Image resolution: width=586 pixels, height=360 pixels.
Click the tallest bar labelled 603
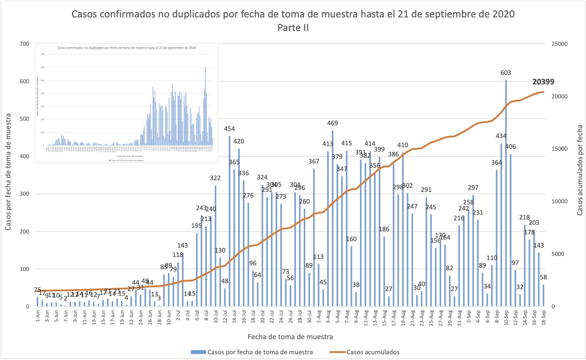tap(506, 193)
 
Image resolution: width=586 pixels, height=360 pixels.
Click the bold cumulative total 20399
tap(543, 82)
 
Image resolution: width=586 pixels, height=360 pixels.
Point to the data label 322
tap(215, 178)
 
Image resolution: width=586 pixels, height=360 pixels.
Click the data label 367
tap(314, 161)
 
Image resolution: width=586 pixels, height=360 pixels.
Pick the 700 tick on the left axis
tap(25, 44)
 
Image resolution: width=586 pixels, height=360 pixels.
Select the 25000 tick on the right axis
tap(560, 44)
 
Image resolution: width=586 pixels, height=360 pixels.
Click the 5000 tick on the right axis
tap(558, 254)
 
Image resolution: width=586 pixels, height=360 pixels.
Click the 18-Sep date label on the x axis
tap(544, 316)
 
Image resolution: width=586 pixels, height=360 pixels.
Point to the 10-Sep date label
tap(506, 316)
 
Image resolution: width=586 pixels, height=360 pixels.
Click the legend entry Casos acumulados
tap(373, 352)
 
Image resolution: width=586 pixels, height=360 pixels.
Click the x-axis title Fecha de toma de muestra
tap(290, 337)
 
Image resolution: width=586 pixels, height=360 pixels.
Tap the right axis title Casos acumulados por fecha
tap(580, 170)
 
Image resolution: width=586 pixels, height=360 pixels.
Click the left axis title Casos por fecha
tap(8, 171)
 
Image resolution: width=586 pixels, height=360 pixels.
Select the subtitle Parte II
tap(293, 28)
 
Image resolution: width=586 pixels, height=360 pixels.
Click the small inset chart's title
tap(126, 48)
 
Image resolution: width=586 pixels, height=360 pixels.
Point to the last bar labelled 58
tap(544, 296)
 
